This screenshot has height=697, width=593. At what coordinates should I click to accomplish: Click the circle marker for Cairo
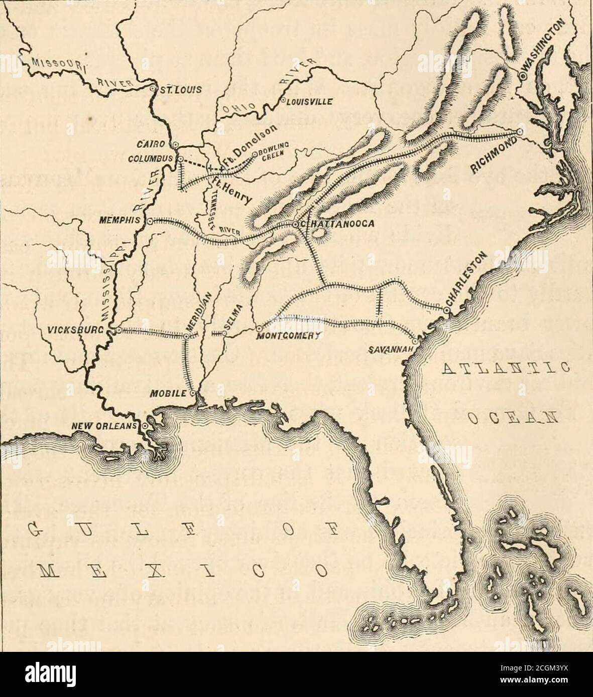[x=175, y=145]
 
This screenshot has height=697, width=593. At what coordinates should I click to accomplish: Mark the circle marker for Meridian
[x=186, y=337]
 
